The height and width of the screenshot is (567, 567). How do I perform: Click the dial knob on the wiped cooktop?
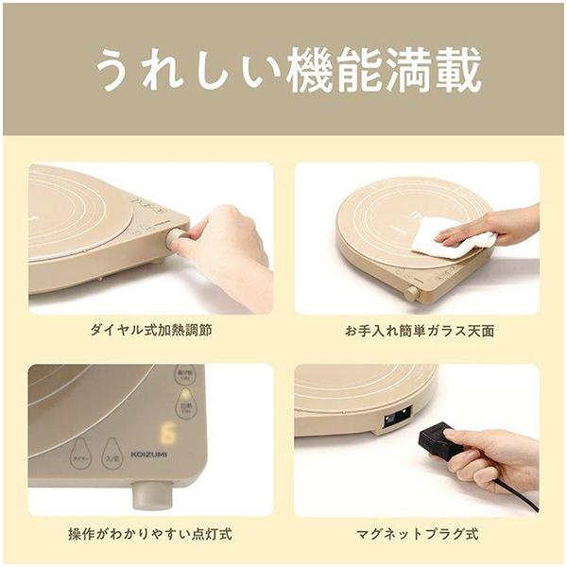coord(412,292)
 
